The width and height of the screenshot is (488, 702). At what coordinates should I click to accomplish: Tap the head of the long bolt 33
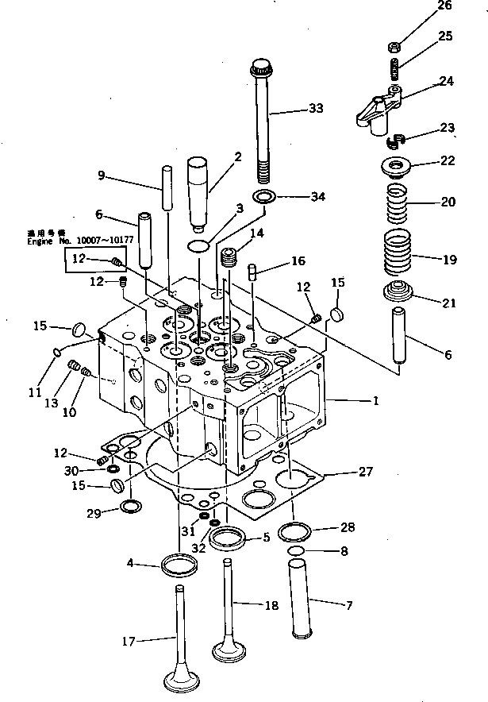pyautogui.click(x=263, y=64)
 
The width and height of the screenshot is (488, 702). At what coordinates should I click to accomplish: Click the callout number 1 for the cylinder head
pyautogui.click(x=375, y=402)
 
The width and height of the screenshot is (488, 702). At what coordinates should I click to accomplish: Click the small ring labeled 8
pyautogui.click(x=296, y=551)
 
